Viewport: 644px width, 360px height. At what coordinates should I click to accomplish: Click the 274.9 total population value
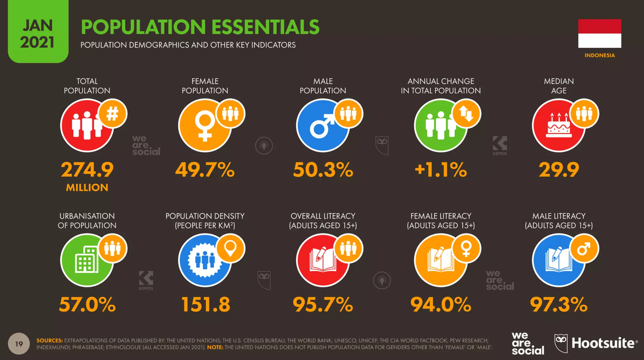point(87,170)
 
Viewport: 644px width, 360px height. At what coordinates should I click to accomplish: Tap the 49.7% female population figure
point(205,170)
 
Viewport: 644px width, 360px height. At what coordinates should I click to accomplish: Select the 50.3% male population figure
point(323,170)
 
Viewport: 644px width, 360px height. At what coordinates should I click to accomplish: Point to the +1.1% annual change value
point(441,170)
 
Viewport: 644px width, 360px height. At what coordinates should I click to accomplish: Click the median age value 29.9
point(558,170)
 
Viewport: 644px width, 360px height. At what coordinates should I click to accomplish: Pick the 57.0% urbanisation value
point(87,304)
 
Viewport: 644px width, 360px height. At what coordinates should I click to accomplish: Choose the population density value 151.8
point(205,304)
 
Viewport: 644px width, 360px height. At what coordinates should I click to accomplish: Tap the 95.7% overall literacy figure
point(323,304)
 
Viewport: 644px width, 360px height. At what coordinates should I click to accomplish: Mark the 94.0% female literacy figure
point(441,304)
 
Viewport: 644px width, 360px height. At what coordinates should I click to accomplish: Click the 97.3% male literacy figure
point(558,304)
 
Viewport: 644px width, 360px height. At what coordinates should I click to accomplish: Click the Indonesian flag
point(599,33)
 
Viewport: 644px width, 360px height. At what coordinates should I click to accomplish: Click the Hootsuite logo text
point(603,343)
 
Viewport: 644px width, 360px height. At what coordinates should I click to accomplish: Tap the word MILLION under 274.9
point(87,188)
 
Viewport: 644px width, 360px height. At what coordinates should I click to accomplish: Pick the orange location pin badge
point(230,248)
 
